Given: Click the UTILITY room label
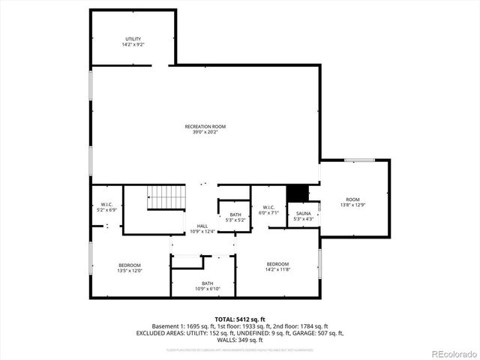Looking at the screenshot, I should (133, 39).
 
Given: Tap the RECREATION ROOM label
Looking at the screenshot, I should (205, 127).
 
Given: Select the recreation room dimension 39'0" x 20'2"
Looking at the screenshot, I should (205, 133).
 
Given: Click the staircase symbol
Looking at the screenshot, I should (164, 198).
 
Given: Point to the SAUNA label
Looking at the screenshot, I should (303, 214).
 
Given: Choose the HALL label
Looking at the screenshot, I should (202, 226).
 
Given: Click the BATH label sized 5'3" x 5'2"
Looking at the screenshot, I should (235, 214).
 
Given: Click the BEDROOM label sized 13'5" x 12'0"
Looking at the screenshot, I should (129, 265).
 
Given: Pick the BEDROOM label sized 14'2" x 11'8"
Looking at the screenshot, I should (277, 264).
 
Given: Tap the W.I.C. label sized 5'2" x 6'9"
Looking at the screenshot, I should (107, 205).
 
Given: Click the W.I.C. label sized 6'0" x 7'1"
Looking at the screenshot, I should (269, 207).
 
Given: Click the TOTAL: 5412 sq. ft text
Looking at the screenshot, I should (239, 319).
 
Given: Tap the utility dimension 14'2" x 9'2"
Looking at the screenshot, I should (133, 45).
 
